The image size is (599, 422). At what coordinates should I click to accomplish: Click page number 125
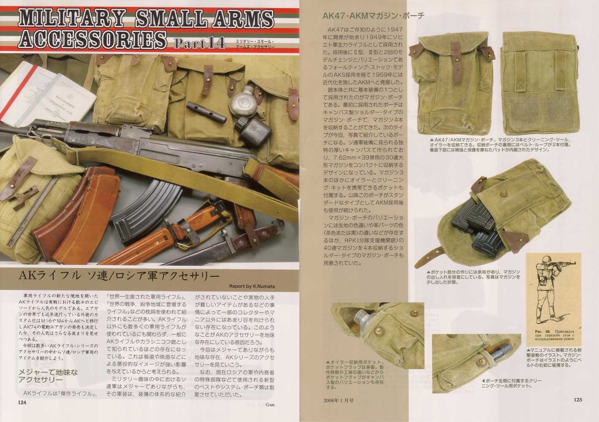pyautogui.click(x=578, y=400)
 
